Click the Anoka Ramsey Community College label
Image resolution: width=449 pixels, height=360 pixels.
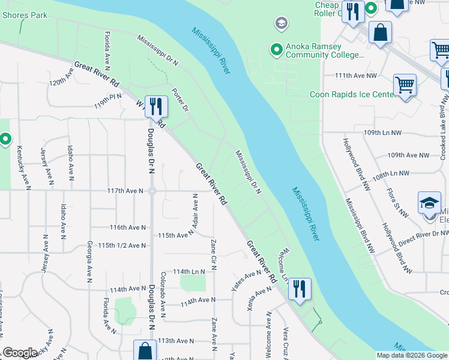click(x=325, y=50)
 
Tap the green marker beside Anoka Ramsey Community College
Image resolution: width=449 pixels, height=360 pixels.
click(x=276, y=49)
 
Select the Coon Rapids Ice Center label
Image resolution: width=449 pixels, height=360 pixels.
click(x=351, y=94)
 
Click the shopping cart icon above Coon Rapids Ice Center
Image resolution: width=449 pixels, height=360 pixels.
click(x=405, y=85)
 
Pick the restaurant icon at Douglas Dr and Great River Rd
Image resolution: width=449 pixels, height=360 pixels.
click(x=156, y=106)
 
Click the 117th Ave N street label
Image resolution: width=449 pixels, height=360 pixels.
click(x=125, y=191)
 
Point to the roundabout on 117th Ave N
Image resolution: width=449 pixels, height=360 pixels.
click(x=152, y=191)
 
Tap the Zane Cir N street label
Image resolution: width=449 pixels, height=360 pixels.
click(x=213, y=254)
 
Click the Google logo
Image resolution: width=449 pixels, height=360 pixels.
click(x=20, y=353)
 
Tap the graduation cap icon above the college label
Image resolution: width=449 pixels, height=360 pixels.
click(x=280, y=23)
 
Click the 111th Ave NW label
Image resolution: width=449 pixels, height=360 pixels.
click(x=355, y=76)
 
